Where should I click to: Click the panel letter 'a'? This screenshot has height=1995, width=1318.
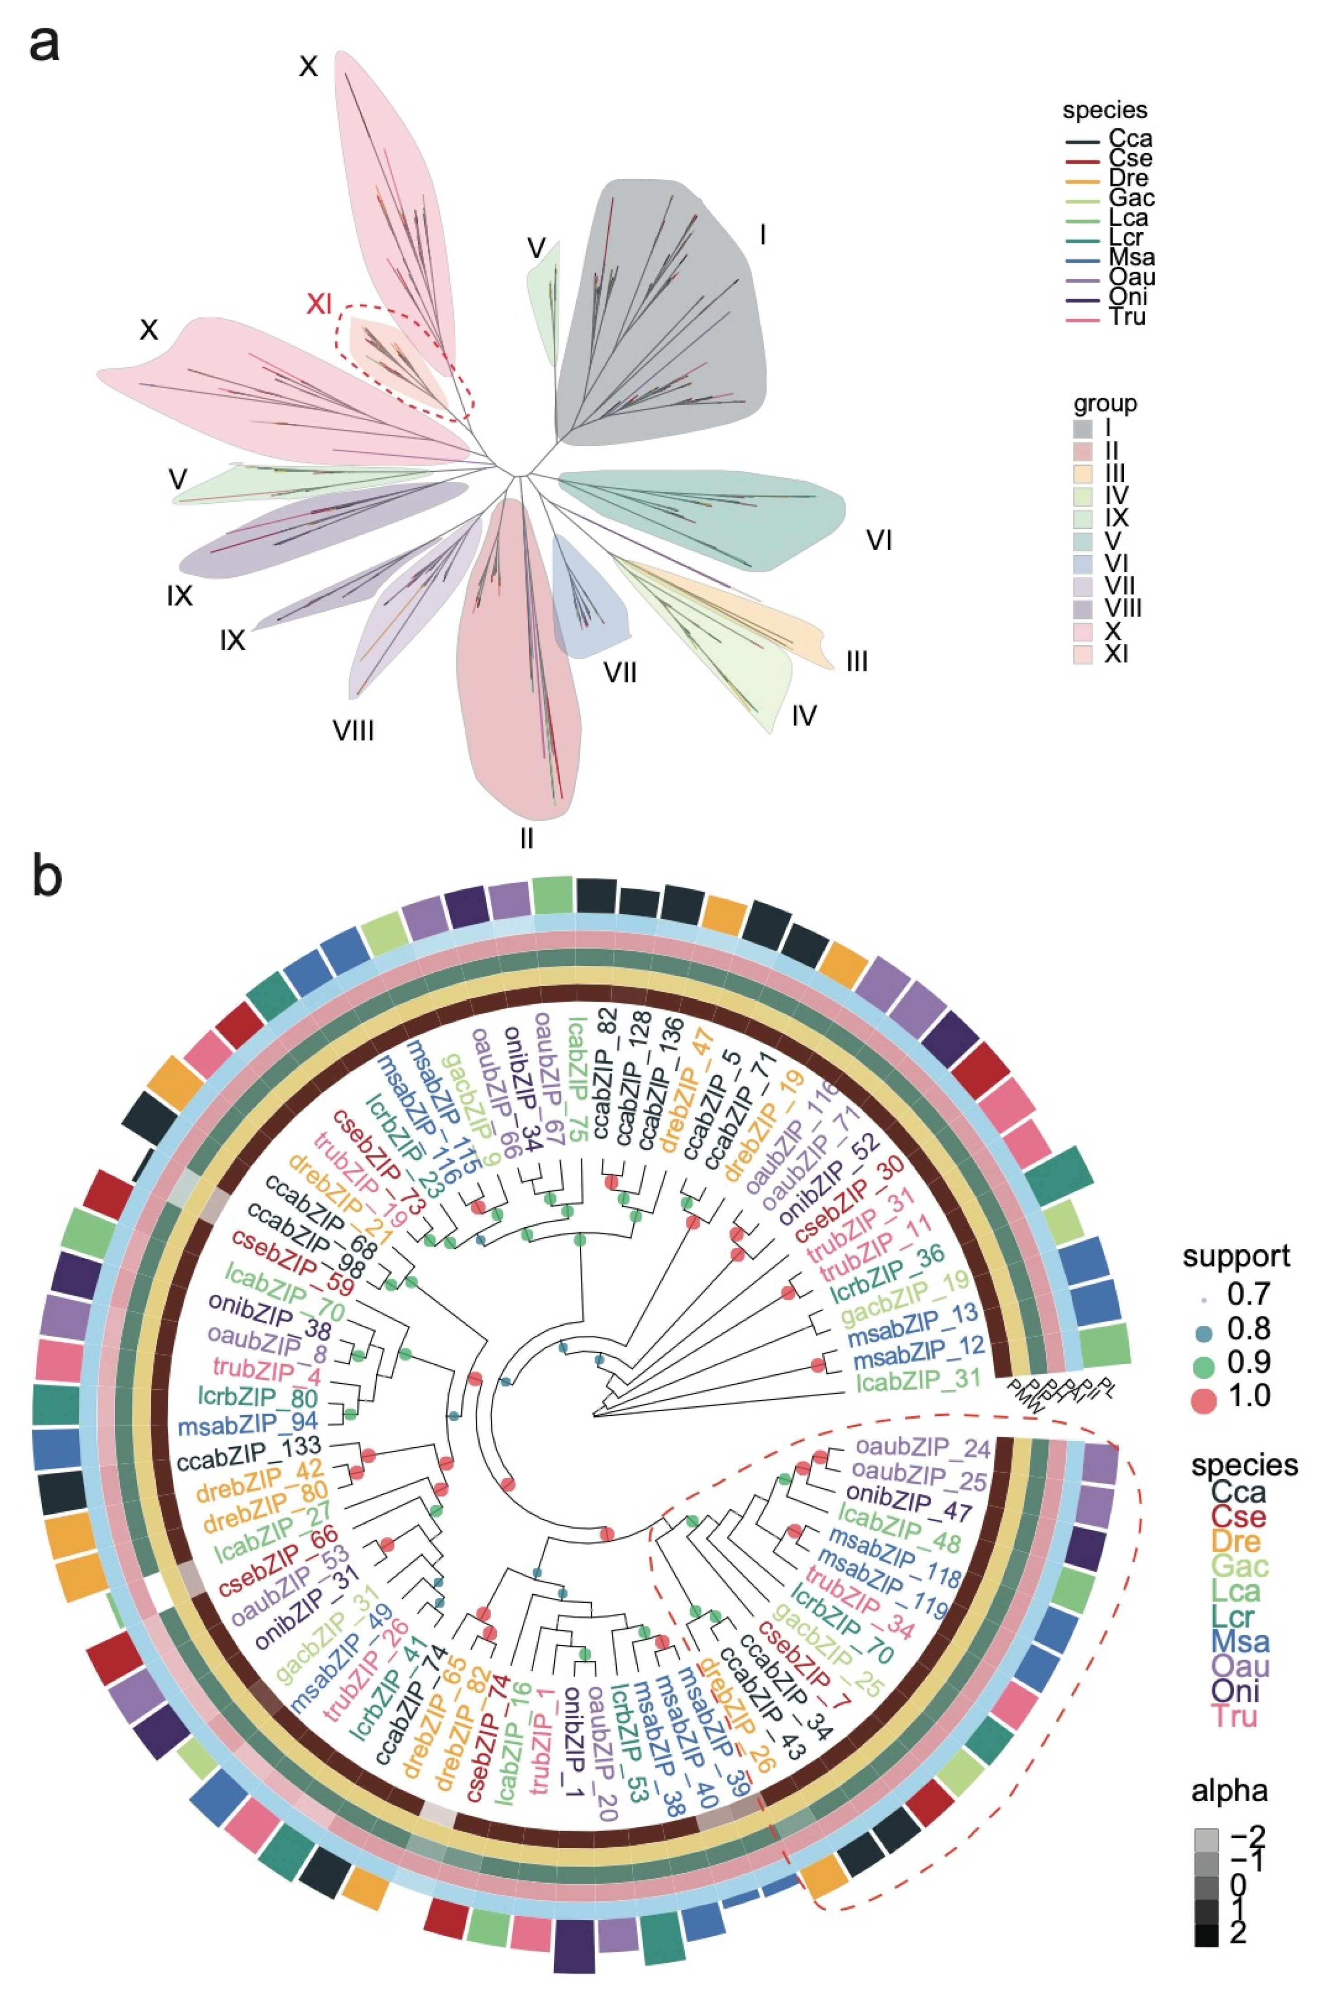(x=44, y=44)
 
